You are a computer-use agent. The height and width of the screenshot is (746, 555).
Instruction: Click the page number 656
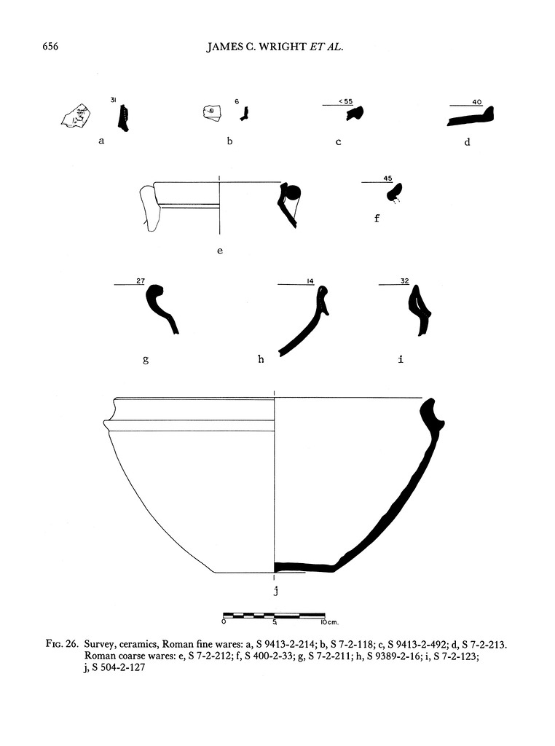click(50, 46)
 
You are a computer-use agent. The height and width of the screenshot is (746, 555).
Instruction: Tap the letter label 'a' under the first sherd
click(101, 141)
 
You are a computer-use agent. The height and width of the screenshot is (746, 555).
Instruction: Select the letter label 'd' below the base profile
click(467, 141)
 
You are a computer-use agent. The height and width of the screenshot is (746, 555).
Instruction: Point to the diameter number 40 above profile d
click(477, 102)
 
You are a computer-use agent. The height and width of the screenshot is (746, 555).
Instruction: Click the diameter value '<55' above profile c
click(346, 101)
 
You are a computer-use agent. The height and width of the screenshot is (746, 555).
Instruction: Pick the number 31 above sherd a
click(114, 99)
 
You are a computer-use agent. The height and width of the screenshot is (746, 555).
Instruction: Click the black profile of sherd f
click(395, 192)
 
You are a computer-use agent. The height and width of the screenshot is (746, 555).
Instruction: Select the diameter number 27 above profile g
click(141, 280)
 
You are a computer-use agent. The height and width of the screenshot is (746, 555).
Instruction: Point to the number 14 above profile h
click(310, 281)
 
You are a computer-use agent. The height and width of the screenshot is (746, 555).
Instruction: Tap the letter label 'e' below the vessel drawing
click(220, 251)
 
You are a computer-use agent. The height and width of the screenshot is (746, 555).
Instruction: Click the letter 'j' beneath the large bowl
click(275, 591)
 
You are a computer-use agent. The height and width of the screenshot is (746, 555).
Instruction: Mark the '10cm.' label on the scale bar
click(329, 622)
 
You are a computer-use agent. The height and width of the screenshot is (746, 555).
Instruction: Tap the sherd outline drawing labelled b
click(212, 113)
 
